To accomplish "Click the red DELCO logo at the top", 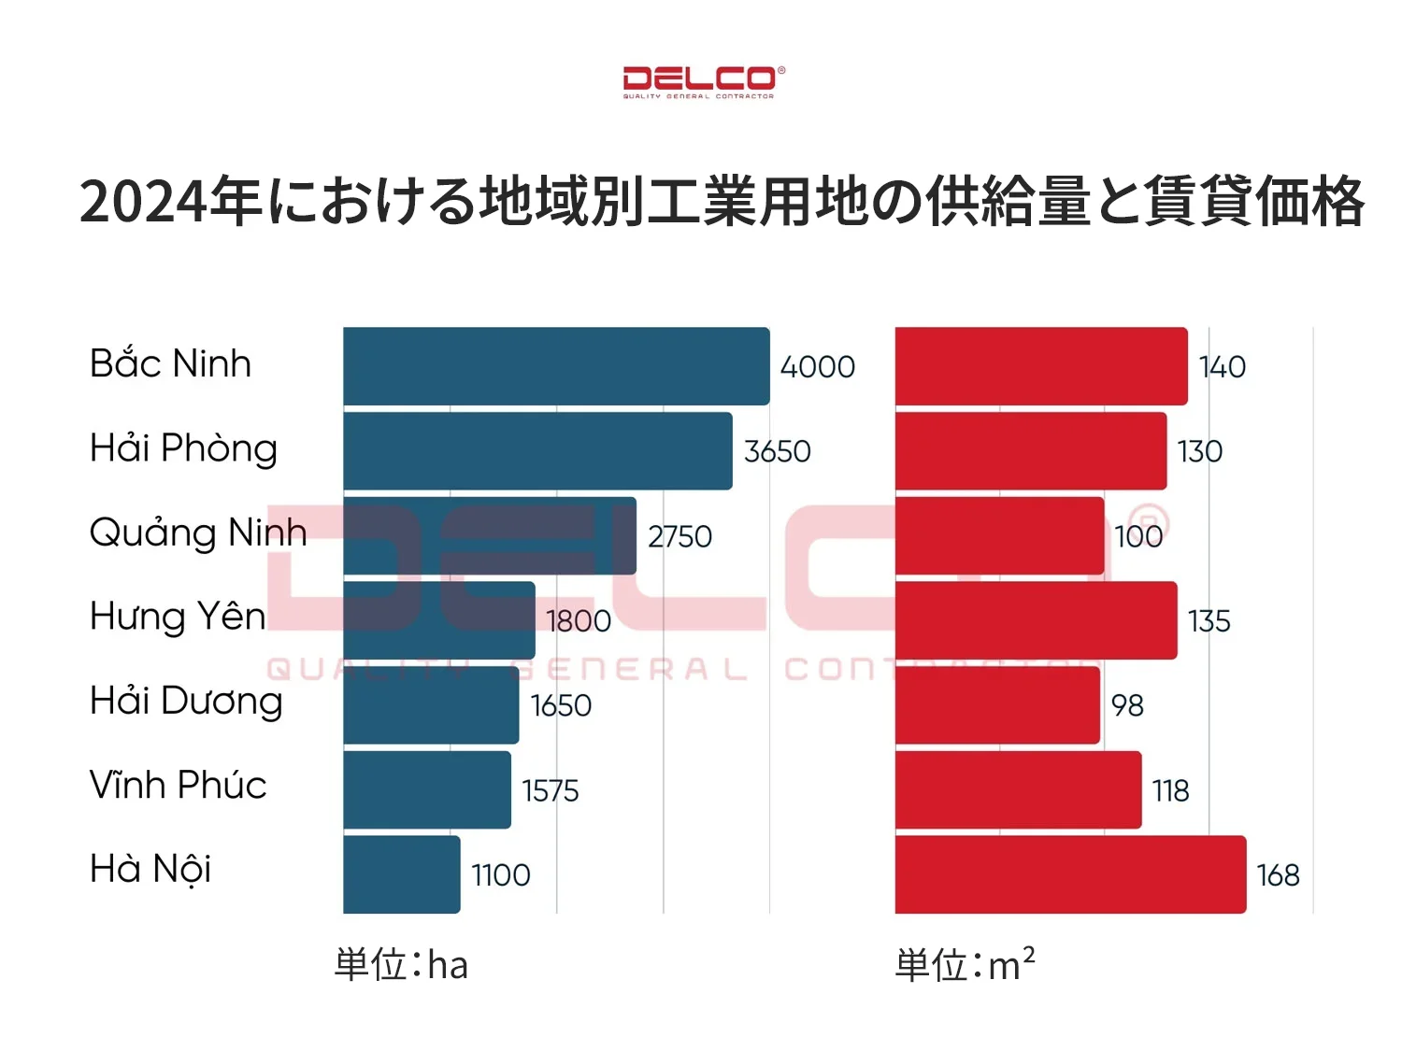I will [x=699, y=81].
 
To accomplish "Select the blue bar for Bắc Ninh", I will [x=556, y=366].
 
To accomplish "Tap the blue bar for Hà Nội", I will [x=402, y=874].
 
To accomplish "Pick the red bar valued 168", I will [x=1070, y=874].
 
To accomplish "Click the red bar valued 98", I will [x=997, y=705].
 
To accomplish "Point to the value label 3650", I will [x=777, y=451].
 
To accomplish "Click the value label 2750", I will [x=680, y=536].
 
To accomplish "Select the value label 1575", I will [x=550, y=790].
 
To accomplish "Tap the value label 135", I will [x=1209, y=621].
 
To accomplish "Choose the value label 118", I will [x=1170, y=790].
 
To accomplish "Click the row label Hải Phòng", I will [x=183, y=448].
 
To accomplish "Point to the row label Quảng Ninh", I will [x=198, y=533].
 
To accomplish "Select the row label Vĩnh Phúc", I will [x=178, y=785].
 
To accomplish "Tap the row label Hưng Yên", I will [x=178, y=617].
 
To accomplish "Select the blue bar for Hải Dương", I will [x=431, y=705].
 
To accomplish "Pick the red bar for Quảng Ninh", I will [x=999, y=536].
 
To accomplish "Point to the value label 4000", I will [x=817, y=366].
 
